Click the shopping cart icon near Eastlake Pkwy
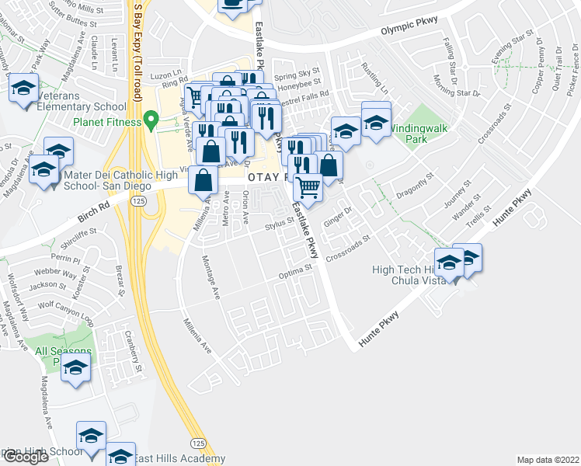(308, 187)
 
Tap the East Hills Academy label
(179, 459)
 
